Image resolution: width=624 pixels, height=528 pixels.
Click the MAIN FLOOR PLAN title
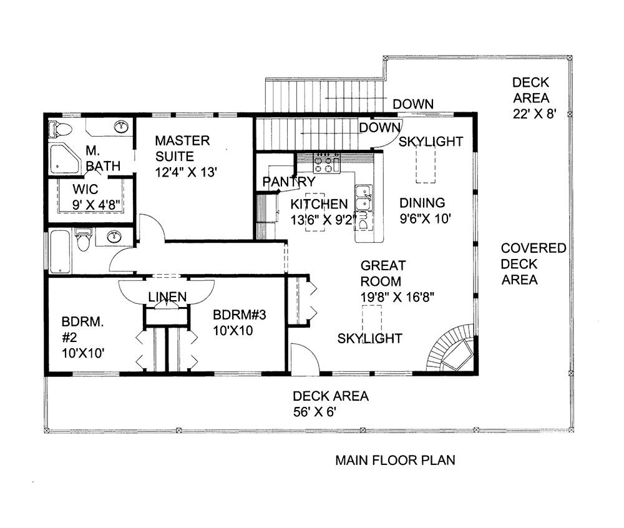[395, 461]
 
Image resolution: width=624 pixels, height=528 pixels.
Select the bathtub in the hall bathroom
[60, 252]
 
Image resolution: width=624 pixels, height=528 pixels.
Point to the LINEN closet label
[167, 296]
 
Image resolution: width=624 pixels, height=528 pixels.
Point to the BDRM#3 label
[239, 315]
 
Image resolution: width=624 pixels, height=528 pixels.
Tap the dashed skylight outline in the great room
[373, 319]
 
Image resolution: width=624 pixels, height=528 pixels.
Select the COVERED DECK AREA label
[534, 264]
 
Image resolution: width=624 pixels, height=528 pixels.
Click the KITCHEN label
[319, 204]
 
